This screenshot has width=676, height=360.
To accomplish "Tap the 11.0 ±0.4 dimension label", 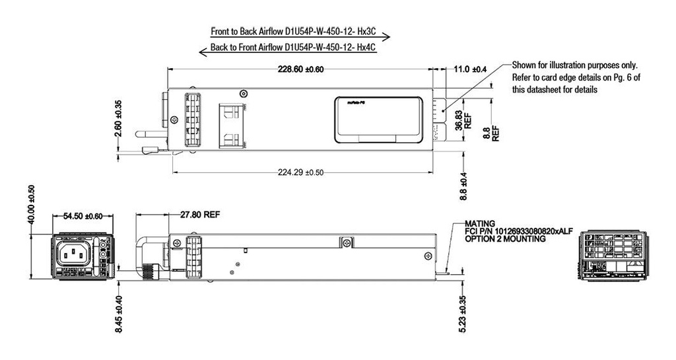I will pos(471,69).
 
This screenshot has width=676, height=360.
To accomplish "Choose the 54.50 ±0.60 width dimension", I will pos(83,216).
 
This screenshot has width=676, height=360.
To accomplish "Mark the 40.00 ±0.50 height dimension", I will pos(31,205).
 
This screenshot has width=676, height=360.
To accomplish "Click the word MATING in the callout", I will pos(480,224).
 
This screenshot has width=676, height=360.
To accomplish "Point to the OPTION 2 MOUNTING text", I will pos(505,239).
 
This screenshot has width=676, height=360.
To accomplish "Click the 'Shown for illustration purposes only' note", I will pos(575,65).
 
